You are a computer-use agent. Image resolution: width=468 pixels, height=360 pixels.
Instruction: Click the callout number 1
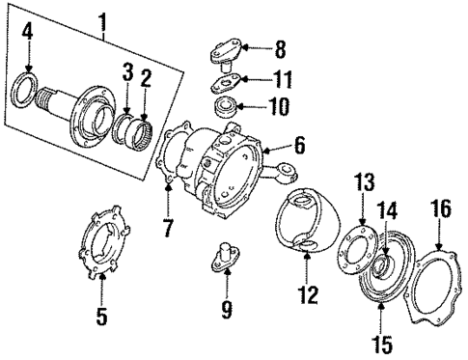[102, 19]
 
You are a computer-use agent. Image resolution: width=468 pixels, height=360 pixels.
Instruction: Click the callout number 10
[281, 104]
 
